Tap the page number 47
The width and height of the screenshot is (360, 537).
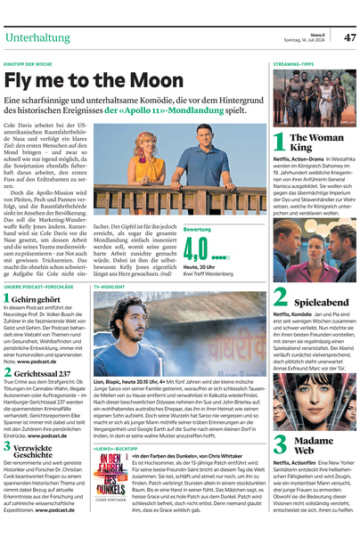348,37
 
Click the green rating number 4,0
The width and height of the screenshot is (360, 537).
196,247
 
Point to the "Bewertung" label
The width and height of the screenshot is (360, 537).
197,230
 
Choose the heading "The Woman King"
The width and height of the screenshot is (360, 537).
314,142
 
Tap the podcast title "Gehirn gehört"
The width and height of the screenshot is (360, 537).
37,300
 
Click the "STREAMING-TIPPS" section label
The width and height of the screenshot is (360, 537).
293,65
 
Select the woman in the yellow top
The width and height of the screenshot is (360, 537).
145,162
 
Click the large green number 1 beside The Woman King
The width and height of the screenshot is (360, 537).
279,143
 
